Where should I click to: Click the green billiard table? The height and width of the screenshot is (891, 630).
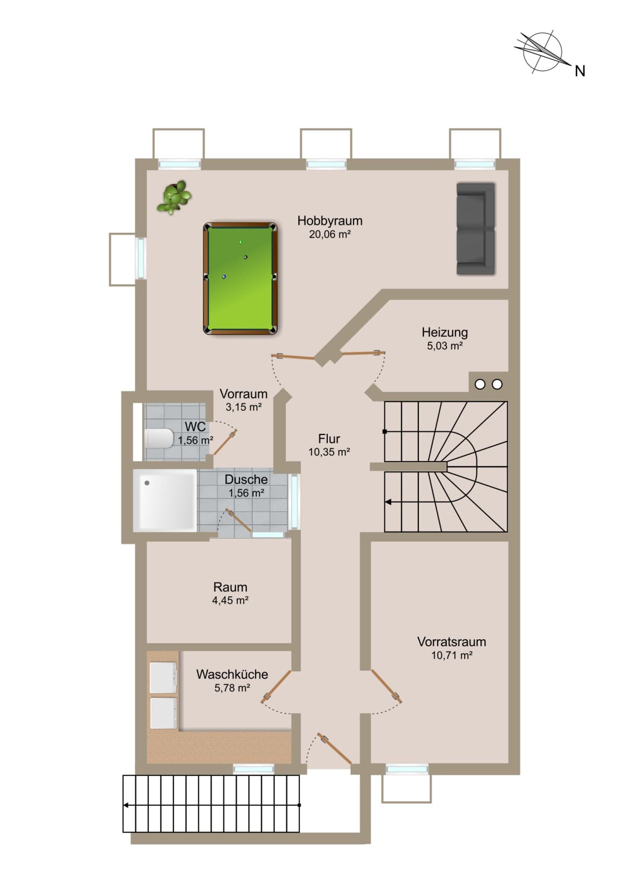pyautogui.click(x=240, y=279)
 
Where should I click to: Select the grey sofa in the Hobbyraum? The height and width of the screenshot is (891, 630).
pyautogui.click(x=475, y=229)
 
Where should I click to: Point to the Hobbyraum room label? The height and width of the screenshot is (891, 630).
pyautogui.click(x=330, y=220)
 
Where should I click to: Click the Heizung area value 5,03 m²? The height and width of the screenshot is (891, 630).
pyautogui.click(x=445, y=346)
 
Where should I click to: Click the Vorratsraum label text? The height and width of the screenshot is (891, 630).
pyautogui.click(x=452, y=642)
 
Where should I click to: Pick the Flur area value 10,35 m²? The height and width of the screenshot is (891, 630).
pyautogui.click(x=329, y=452)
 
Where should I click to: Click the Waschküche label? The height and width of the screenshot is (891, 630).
pyautogui.click(x=232, y=675)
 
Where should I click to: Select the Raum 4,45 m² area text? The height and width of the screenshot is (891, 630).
pyautogui.click(x=230, y=600)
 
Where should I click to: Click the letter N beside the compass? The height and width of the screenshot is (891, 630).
pyautogui.click(x=580, y=71)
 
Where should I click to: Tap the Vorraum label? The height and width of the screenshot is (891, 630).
pyautogui.click(x=244, y=394)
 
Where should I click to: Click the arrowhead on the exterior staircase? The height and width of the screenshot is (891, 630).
pyautogui.click(x=126, y=805)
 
